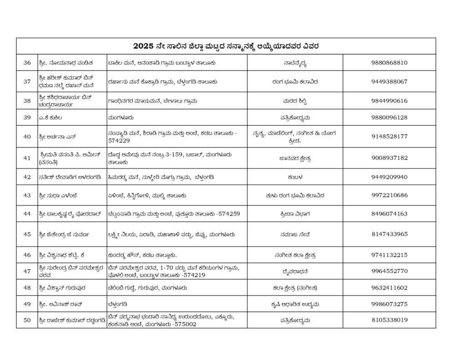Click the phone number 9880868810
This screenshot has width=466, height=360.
389,63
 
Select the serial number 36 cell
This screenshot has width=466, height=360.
27,63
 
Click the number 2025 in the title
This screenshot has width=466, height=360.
143,46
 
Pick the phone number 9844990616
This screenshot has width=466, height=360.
389,101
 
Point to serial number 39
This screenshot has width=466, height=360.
27,117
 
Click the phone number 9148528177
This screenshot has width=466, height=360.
389,137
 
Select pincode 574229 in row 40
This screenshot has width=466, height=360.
119,141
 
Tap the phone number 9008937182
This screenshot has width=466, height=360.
389,158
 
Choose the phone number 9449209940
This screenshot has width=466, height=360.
389,177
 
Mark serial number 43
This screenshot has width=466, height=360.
27,196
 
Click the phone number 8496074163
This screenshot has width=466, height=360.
389,213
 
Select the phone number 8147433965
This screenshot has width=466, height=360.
389,234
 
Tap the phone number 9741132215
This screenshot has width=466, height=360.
389,255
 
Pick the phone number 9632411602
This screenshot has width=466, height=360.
389,288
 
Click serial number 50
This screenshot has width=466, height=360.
27,320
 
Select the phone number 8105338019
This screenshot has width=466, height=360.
389,320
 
